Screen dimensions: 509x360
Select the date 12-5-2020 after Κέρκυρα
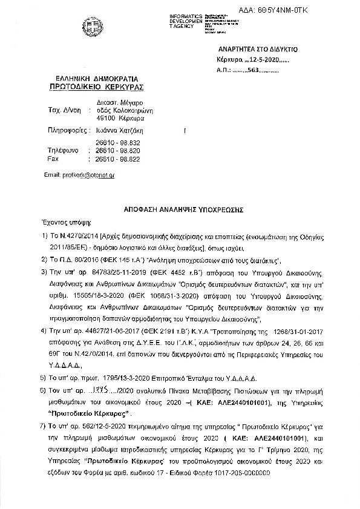pyautogui.click(x=261, y=61)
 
